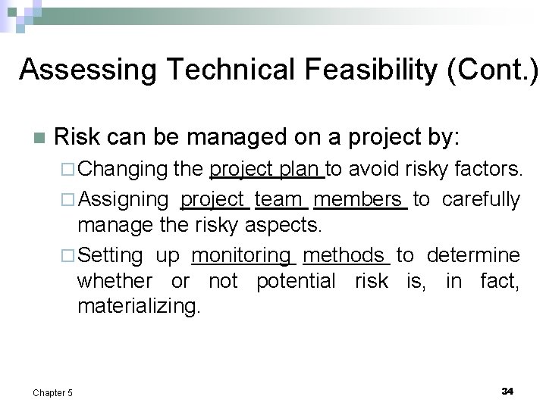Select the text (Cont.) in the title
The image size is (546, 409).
(x=491, y=70)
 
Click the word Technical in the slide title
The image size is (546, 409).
(x=227, y=70)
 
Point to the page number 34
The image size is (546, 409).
(x=507, y=391)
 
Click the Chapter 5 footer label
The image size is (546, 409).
(x=53, y=392)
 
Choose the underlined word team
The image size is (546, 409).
(x=281, y=199)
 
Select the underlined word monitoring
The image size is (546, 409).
(x=242, y=255)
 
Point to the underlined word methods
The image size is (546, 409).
(x=344, y=255)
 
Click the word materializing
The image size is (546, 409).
(x=140, y=307)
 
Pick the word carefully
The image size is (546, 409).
(x=481, y=199)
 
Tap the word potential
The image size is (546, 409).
(x=296, y=281)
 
